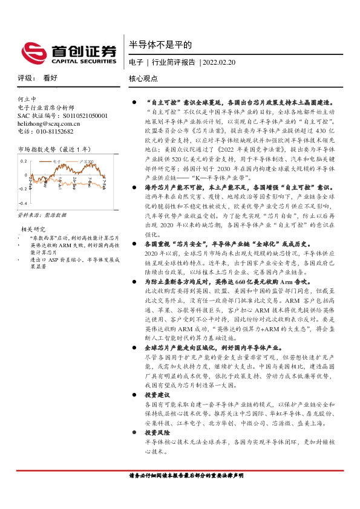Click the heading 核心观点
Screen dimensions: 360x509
click(x=143, y=79)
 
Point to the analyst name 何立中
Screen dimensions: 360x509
click(x=27, y=99)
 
